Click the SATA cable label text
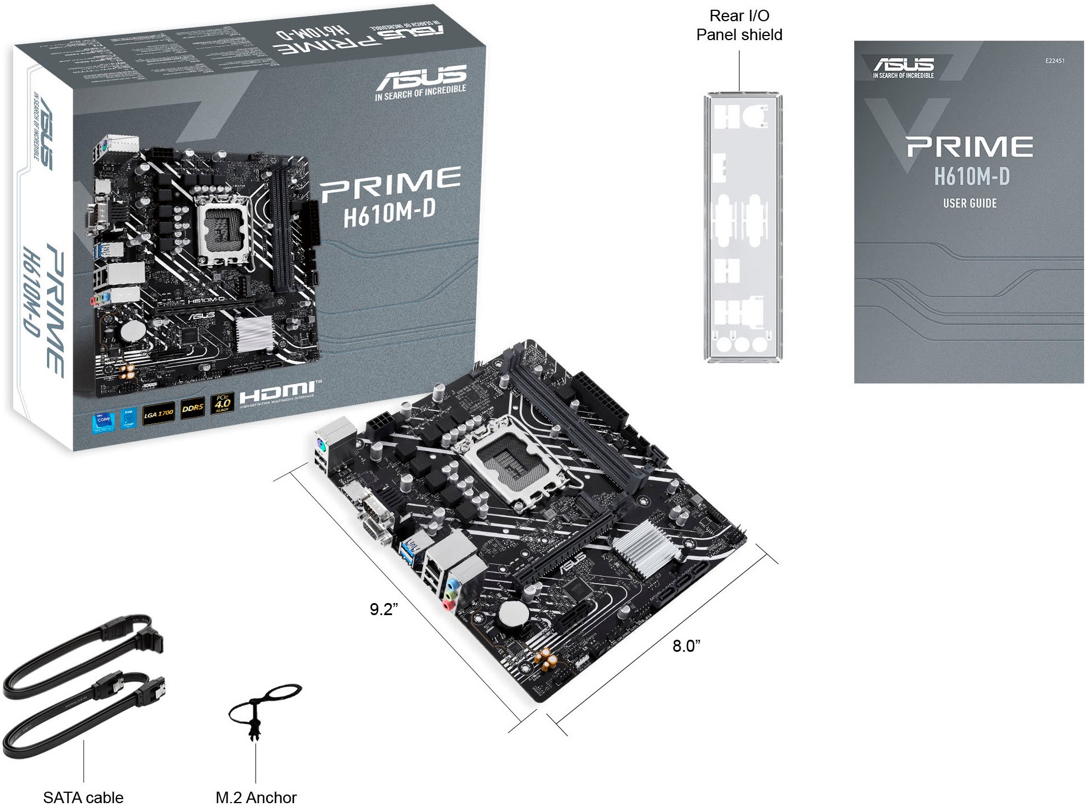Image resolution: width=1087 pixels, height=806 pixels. point(83,797)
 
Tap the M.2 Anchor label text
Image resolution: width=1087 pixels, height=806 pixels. point(256,797)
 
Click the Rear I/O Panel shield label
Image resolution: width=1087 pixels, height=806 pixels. point(739,25)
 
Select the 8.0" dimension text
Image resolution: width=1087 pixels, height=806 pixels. point(686,646)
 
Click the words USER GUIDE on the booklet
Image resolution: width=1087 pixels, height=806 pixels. point(970,204)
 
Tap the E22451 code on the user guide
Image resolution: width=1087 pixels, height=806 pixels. point(1054,61)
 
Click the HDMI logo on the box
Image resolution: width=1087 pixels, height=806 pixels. point(277,393)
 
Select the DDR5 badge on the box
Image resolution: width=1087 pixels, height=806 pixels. point(193,408)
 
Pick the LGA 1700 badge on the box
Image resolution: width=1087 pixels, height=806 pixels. point(158,413)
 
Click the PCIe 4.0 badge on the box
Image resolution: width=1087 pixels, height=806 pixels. point(222,403)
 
